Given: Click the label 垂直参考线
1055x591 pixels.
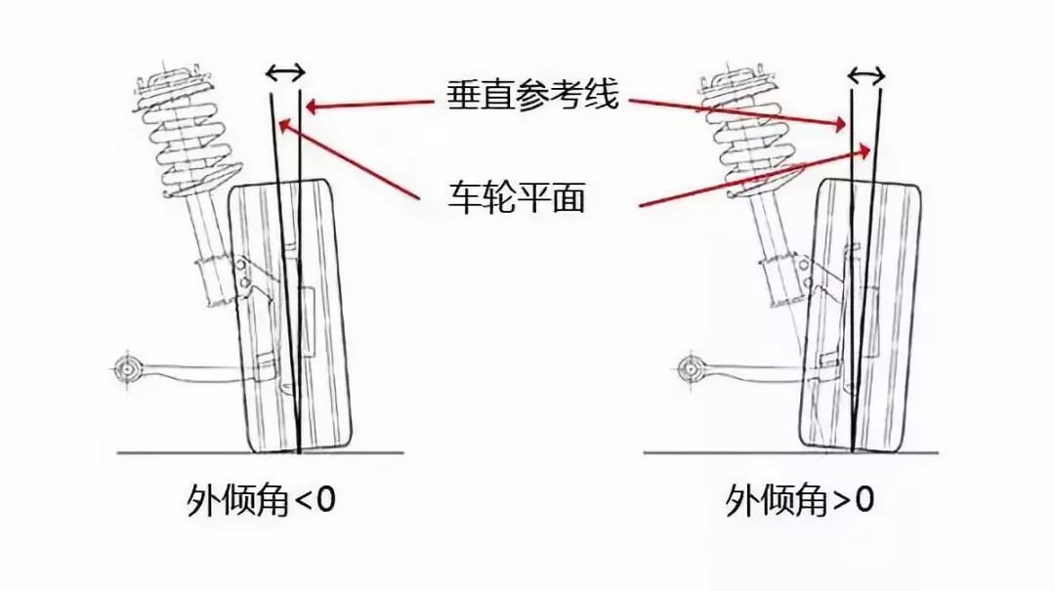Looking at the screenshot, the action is point(532,94).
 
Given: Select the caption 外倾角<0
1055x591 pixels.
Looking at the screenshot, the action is point(261,501).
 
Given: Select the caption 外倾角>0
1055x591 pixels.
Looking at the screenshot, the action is point(800,501).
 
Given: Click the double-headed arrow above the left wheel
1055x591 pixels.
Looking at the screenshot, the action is point(285,71).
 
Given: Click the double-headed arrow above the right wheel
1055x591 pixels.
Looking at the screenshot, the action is point(865,75).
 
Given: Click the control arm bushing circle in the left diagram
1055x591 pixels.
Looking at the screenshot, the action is point(126,369).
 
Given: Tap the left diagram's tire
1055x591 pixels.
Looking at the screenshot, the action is point(291,317).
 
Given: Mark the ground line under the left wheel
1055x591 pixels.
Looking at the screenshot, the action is point(261,453).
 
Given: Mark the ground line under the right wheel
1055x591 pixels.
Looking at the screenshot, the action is point(791,453).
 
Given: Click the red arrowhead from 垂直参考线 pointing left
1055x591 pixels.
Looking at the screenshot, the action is point(313,106).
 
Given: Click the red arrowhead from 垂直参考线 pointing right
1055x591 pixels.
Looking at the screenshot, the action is point(840,124).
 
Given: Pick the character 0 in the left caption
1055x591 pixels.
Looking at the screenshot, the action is point(324,501).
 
